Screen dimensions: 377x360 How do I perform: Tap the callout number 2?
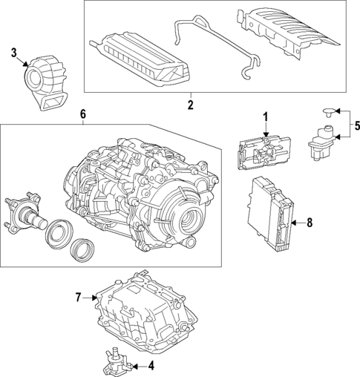pyautogui.click(x=190, y=105)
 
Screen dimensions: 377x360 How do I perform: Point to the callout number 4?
pyautogui.click(x=151, y=365)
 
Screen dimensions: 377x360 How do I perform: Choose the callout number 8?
pyautogui.click(x=310, y=222)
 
